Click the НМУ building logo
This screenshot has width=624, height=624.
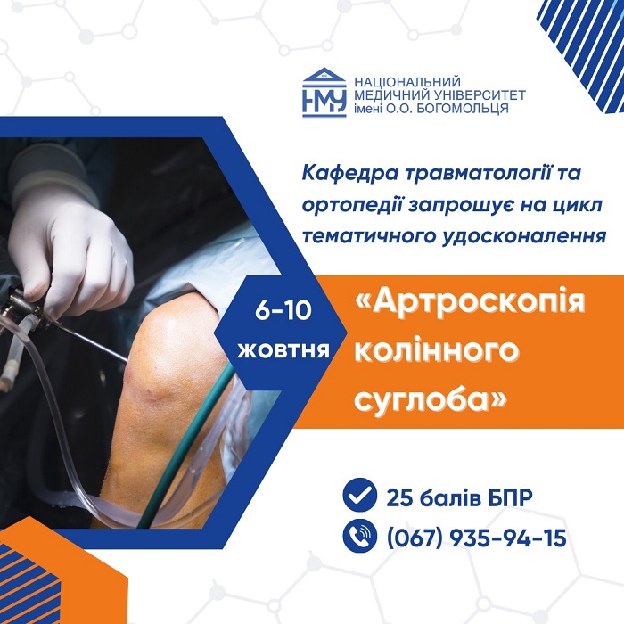click(324, 93)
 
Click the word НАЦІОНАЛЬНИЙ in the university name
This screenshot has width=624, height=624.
click(407, 82)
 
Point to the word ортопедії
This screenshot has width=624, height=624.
click(352, 205)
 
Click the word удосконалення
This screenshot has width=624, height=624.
click(524, 236)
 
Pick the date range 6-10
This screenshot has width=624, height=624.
click(283, 310)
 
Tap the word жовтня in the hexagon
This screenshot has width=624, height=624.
click(283, 351)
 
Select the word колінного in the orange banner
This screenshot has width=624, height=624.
click(437, 351)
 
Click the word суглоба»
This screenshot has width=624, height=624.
click(431, 398)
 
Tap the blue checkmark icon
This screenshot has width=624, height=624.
click(360, 494)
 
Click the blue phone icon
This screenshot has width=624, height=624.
click(360, 536)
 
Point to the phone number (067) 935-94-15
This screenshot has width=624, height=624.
click(476, 538)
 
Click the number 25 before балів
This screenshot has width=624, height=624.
click(399, 497)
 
